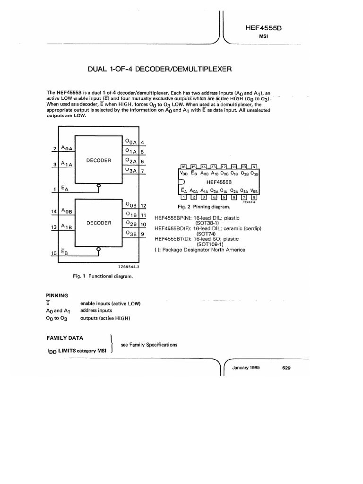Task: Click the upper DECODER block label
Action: pos(99,160)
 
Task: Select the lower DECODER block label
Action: pos(99,223)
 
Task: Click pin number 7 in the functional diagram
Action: pos(142,171)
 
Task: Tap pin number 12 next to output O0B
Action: pos(144,206)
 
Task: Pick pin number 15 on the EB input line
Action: pos(53,254)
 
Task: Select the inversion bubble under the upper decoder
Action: pos(99,186)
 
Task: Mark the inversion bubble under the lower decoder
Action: pos(99,249)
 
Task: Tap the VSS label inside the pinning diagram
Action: pos(254,190)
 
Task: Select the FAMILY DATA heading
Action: pos(65,338)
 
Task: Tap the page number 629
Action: pos(286,368)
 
